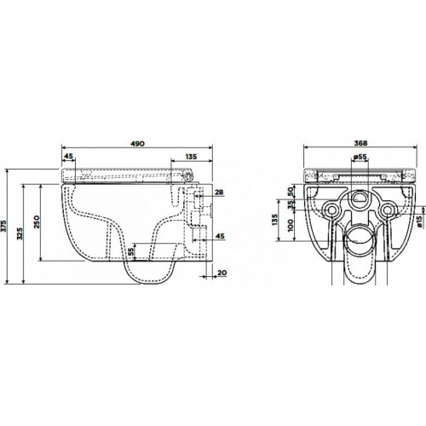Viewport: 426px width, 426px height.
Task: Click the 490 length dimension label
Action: pyautogui.click(x=137, y=143)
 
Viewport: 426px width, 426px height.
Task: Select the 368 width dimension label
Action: pyautogui.click(x=360, y=143)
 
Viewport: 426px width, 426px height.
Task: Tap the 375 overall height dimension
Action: pyautogui.click(x=3, y=226)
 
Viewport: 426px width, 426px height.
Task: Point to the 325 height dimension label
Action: pyautogui.click(x=20, y=233)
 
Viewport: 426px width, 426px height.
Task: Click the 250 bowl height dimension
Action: pyautogui.click(x=37, y=222)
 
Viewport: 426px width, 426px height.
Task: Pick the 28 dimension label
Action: pyautogui.click(x=219, y=193)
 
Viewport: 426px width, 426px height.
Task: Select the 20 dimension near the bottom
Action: pyautogui.click(x=222, y=273)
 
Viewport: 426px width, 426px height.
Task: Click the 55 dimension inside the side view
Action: pyautogui.click(x=130, y=252)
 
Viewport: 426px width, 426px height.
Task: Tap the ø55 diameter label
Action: pyautogui.click(x=360, y=157)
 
